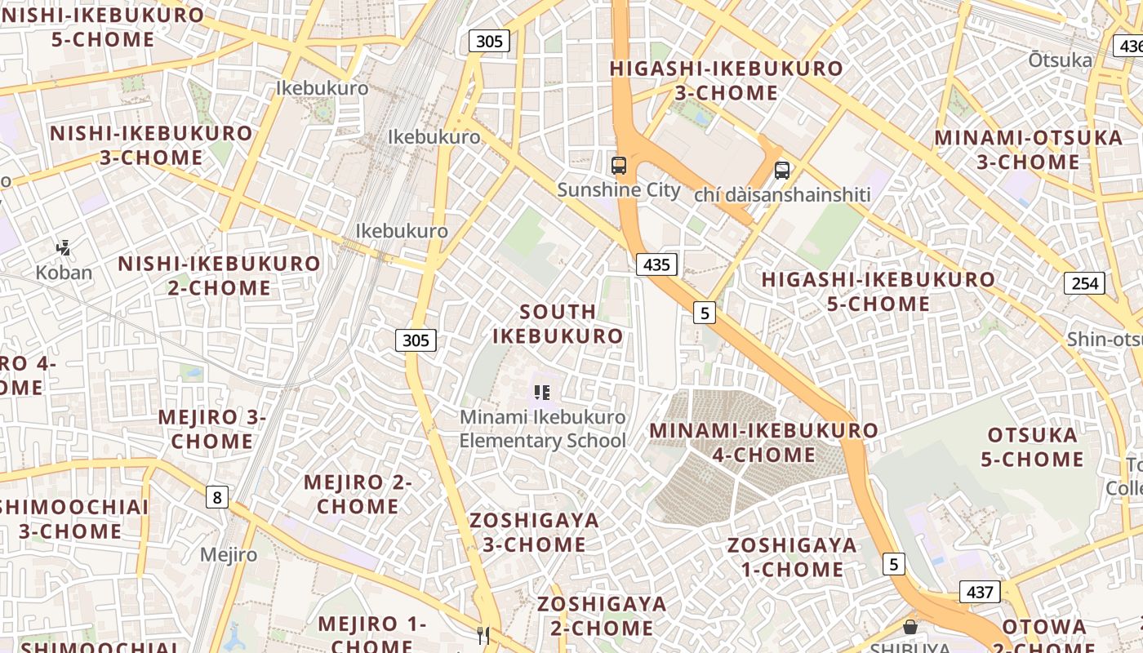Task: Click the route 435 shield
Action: tap(656, 264)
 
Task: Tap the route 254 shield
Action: tap(1084, 283)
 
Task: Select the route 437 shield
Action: tap(979, 592)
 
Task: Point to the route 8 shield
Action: tap(216, 496)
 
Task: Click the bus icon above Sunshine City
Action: tap(619, 166)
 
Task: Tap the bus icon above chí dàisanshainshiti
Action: tap(781, 171)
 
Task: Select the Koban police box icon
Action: tap(63, 247)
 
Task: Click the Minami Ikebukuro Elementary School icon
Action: tap(542, 393)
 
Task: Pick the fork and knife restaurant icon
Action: tap(483, 634)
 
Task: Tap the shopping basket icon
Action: tap(910, 627)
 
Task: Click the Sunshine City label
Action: tap(618, 190)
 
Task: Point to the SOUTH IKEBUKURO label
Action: tap(558, 324)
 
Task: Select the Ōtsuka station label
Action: tap(1060, 60)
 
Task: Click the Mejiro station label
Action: tap(229, 555)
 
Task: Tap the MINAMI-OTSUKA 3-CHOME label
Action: tap(1028, 149)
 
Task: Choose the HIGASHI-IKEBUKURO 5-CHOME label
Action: tap(878, 291)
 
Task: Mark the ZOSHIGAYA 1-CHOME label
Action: tap(792, 557)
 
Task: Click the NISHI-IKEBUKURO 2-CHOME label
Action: tap(219, 275)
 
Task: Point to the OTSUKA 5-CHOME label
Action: tap(1032, 447)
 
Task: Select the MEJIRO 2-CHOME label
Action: tap(358, 494)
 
